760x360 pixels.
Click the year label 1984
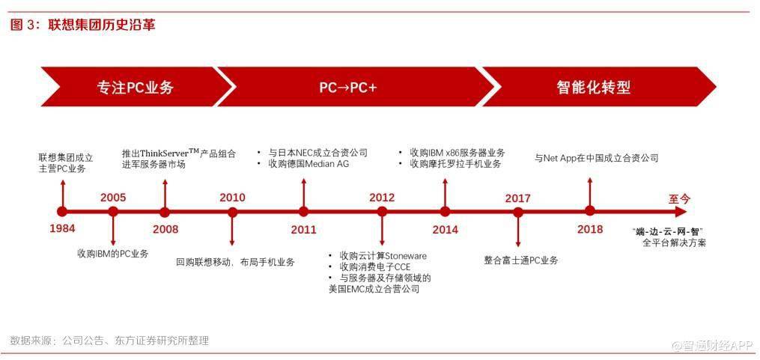point(62,228)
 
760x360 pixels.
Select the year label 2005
point(113,198)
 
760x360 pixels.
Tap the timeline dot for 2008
point(165,212)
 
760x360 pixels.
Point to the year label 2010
point(232,198)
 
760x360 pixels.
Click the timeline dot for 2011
point(303,212)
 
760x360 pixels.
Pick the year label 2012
point(382,198)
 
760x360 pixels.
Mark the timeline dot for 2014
point(445,212)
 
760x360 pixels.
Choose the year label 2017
point(517,198)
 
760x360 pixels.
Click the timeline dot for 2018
point(589,211)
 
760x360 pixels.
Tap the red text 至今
point(680,198)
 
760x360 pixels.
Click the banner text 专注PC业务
point(135,88)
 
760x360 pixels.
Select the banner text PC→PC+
point(348,88)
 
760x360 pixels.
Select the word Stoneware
point(405,256)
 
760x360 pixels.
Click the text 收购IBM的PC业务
point(113,254)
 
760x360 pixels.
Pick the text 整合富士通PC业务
point(521,260)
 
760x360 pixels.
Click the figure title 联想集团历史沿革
point(102,25)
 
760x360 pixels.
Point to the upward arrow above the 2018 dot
point(589,192)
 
